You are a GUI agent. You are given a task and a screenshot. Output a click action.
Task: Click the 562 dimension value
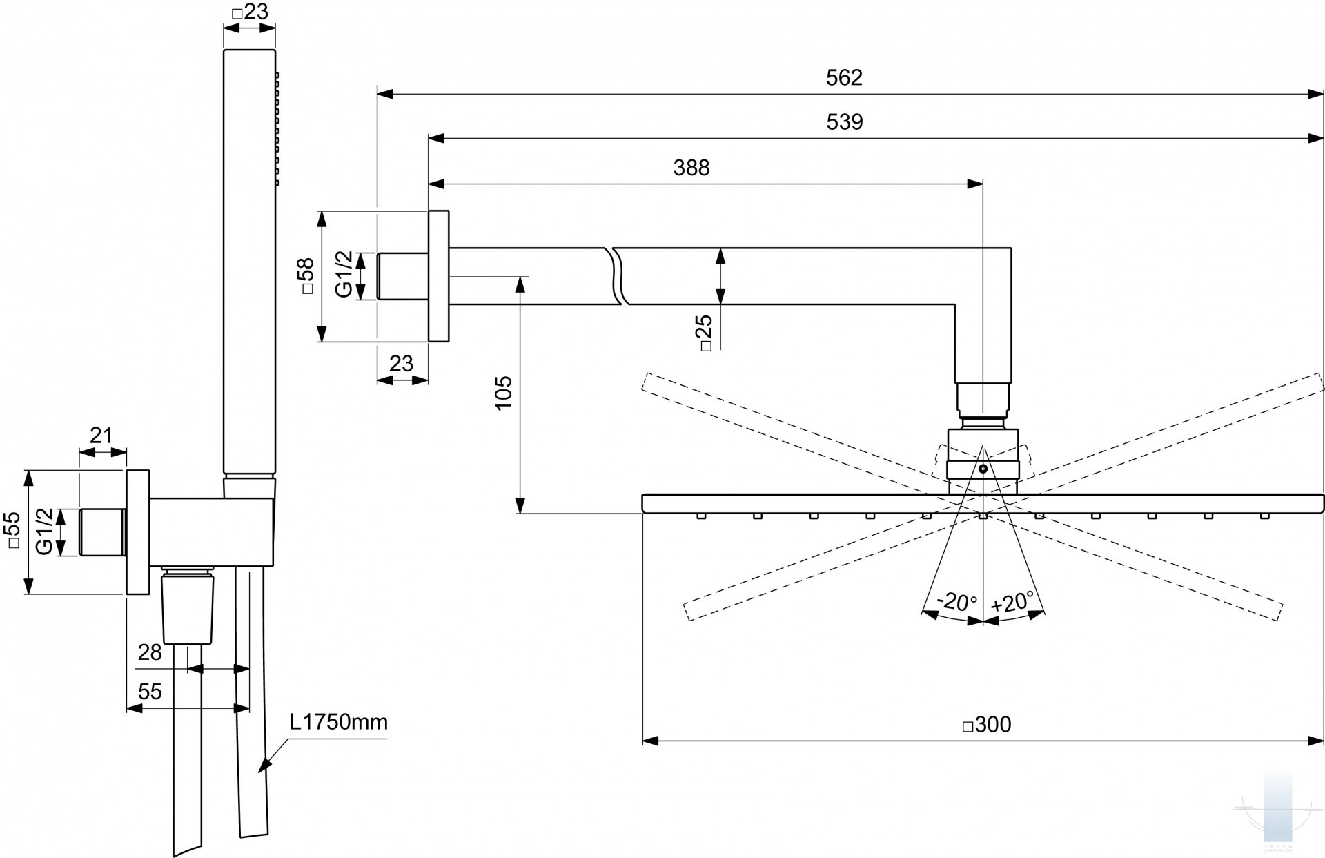[x=844, y=78]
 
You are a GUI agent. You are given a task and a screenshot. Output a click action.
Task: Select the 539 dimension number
[x=844, y=122]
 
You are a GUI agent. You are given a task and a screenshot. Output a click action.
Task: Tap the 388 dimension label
[x=691, y=168]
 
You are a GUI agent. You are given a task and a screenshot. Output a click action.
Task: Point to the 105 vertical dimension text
[x=504, y=393]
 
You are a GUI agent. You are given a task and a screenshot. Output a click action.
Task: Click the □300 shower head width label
[x=986, y=724]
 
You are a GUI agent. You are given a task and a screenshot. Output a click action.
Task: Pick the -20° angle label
[x=956, y=602]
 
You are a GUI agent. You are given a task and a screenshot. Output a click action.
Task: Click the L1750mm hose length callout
[x=338, y=722]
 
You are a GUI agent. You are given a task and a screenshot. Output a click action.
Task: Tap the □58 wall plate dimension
[x=306, y=276]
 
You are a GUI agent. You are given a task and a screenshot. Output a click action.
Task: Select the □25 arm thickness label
[x=705, y=333]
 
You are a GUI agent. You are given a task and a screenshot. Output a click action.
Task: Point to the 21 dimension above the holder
[x=101, y=436]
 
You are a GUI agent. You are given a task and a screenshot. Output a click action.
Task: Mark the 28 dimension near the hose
[x=150, y=652]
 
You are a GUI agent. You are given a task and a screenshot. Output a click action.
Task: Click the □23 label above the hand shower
[x=249, y=12]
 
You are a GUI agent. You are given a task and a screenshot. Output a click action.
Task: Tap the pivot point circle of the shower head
[x=983, y=469]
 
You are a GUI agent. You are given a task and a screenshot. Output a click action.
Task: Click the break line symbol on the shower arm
[x=617, y=275]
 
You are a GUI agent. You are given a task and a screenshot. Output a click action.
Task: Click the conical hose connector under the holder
[x=187, y=607]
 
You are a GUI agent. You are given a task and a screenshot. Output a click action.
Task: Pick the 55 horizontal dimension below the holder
[x=150, y=691]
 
